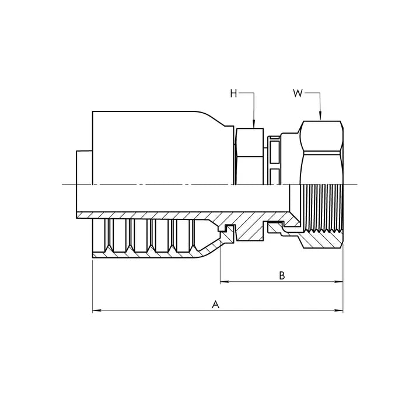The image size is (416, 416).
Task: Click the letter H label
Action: (x=233, y=94)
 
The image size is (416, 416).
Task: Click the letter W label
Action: (x=298, y=93)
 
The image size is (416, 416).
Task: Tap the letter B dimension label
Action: (x=282, y=275)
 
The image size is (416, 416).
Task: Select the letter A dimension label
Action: (x=216, y=305)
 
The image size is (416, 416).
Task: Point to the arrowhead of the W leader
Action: (x=320, y=116)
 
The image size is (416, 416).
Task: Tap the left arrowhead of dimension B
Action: (x=225, y=281)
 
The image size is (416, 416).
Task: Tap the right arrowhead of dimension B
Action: (x=338, y=281)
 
